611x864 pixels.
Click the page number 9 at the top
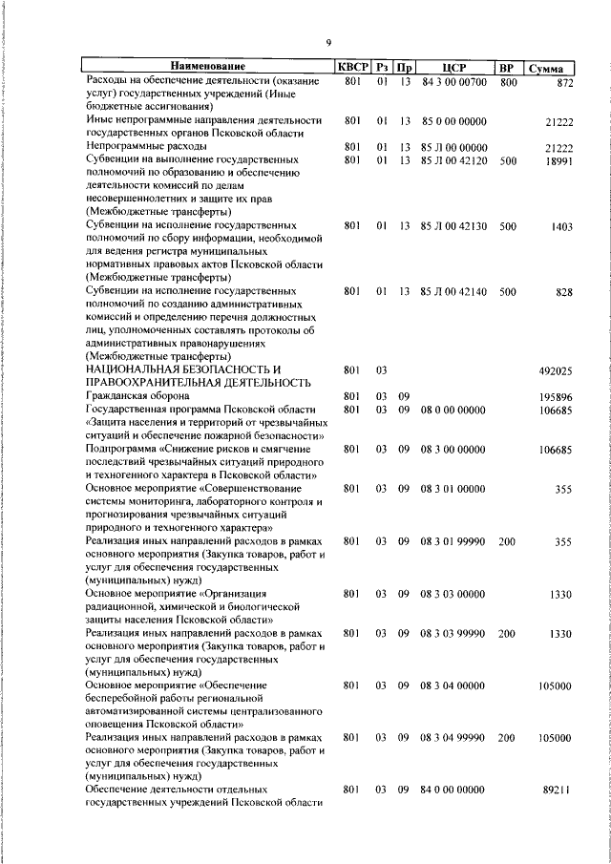point(327,42)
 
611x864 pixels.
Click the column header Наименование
point(208,67)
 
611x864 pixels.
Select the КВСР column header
point(350,67)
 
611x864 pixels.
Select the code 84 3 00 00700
point(453,81)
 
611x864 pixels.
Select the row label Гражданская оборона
point(137,395)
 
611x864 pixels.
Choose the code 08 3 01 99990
point(453,540)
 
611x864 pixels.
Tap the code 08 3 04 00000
point(453,685)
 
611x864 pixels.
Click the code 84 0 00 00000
point(453,790)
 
